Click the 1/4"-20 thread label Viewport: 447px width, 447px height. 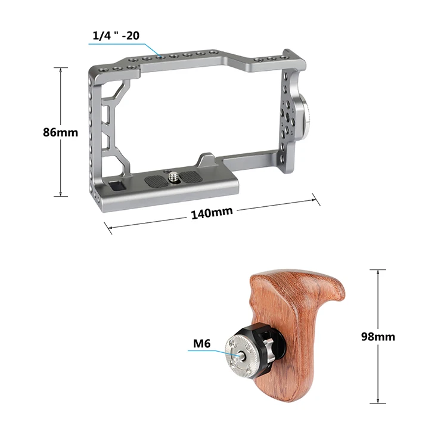116,36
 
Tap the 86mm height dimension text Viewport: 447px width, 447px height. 60,132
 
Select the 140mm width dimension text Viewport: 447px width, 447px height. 212,213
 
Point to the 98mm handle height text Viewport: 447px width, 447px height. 378,337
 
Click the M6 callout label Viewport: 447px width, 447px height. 202,343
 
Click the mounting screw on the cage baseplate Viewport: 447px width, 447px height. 172,177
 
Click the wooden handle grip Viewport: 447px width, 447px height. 296,328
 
